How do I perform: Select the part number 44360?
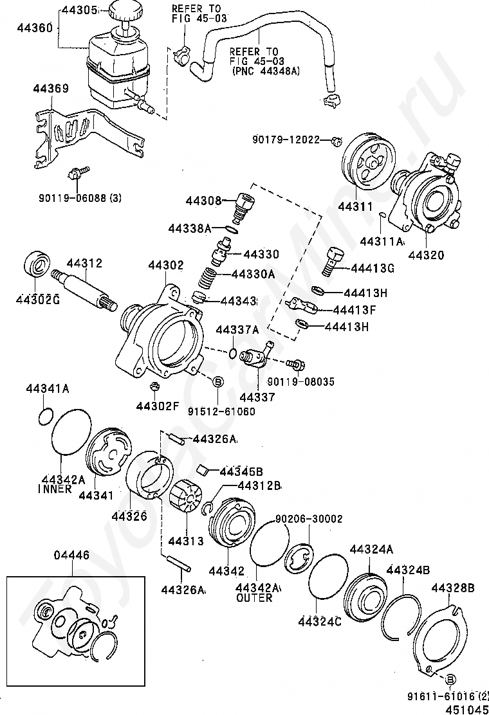pyautogui.click(x=35, y=28)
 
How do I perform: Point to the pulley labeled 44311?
pyautogui.click(x=369, y=162)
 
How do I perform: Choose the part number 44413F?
pyautogui.click(x=355, y=310)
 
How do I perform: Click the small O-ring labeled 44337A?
pyautogui.click(x=233, y=353)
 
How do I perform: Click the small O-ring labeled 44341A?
pyautogui.click(x=45, y=416)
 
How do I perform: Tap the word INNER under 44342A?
pyautogui.click(x=55, y=489)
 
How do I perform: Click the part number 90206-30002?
pyautogui.click(x=309, y=519)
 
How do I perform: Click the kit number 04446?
pyautogui.click(x=71, y=556)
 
